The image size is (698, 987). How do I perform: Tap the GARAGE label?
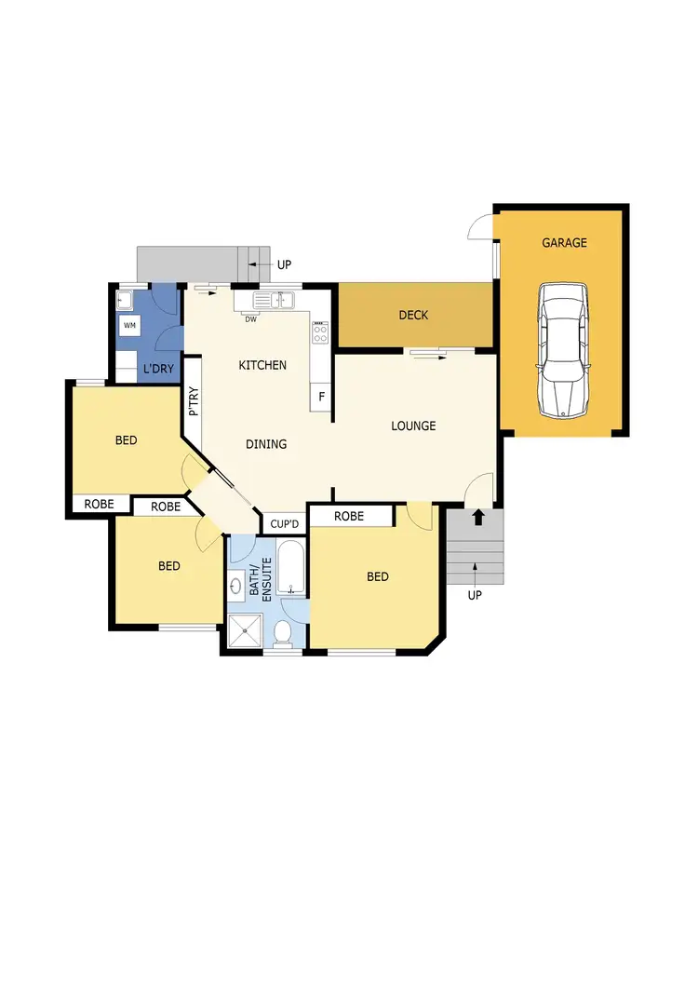click(x=565, y=243)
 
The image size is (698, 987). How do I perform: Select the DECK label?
click(x=413, y=316)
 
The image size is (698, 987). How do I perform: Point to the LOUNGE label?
click(x=413, y=426)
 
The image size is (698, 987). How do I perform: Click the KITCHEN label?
click(x=262, y=365)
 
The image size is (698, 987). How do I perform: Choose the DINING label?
click(x=266, y=444)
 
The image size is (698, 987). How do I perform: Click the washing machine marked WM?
click(x=129, y=325)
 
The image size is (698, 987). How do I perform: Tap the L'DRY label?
click(x=158, y=370)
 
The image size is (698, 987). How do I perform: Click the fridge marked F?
click(x=321, y=396)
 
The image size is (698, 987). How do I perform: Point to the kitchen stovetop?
click(x=320, y=331)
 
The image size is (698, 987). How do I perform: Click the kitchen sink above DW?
click(x=275, y=300)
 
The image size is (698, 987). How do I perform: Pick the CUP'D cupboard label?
click(x=283, y=524)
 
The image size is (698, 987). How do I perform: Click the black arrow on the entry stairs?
click(x=478, y=517)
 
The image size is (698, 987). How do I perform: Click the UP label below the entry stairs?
click(x=475, y=595)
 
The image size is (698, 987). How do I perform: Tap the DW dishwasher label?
click(x=251, y=319)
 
